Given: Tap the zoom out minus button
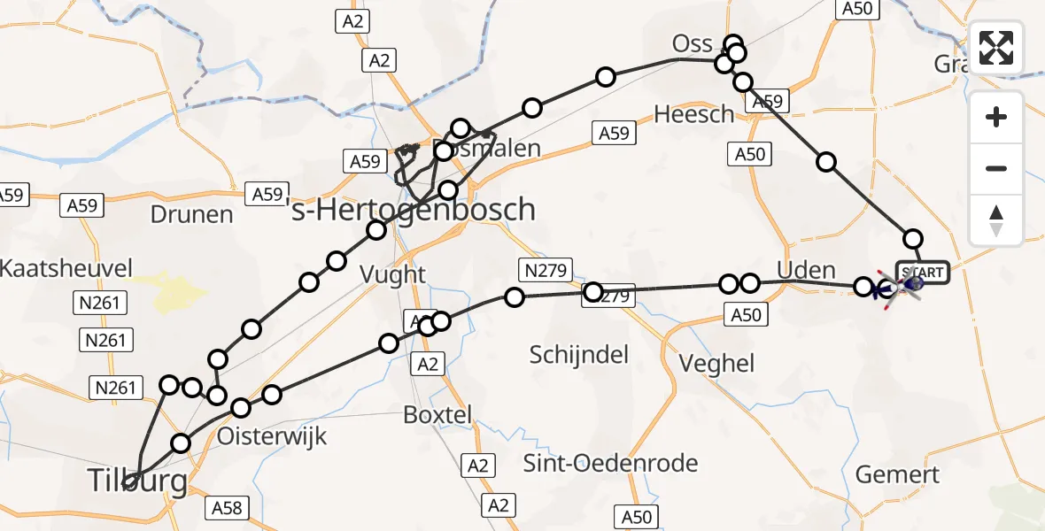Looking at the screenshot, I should (x=996, y=168).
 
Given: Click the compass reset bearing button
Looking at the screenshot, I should (x=996, y=219).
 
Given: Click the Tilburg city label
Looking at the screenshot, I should (x=137, y=481).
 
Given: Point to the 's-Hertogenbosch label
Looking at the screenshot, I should (x=413, y=211).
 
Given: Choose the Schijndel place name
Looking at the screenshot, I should (x=579, y=356).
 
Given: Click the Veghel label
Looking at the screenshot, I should (x=716, y=363).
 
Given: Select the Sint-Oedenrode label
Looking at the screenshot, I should (x=611, y=463).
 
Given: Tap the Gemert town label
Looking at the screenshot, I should (x=897, y=474).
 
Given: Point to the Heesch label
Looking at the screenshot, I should (x=694, y=114).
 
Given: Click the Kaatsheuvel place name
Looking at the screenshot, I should (x=67, y=268).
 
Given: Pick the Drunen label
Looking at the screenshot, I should (x=191, y=215).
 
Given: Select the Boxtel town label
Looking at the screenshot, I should (x=437, y=413).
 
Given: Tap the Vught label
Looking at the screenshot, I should (x=393, y=275).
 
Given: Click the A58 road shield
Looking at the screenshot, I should (x=226, y=508).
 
